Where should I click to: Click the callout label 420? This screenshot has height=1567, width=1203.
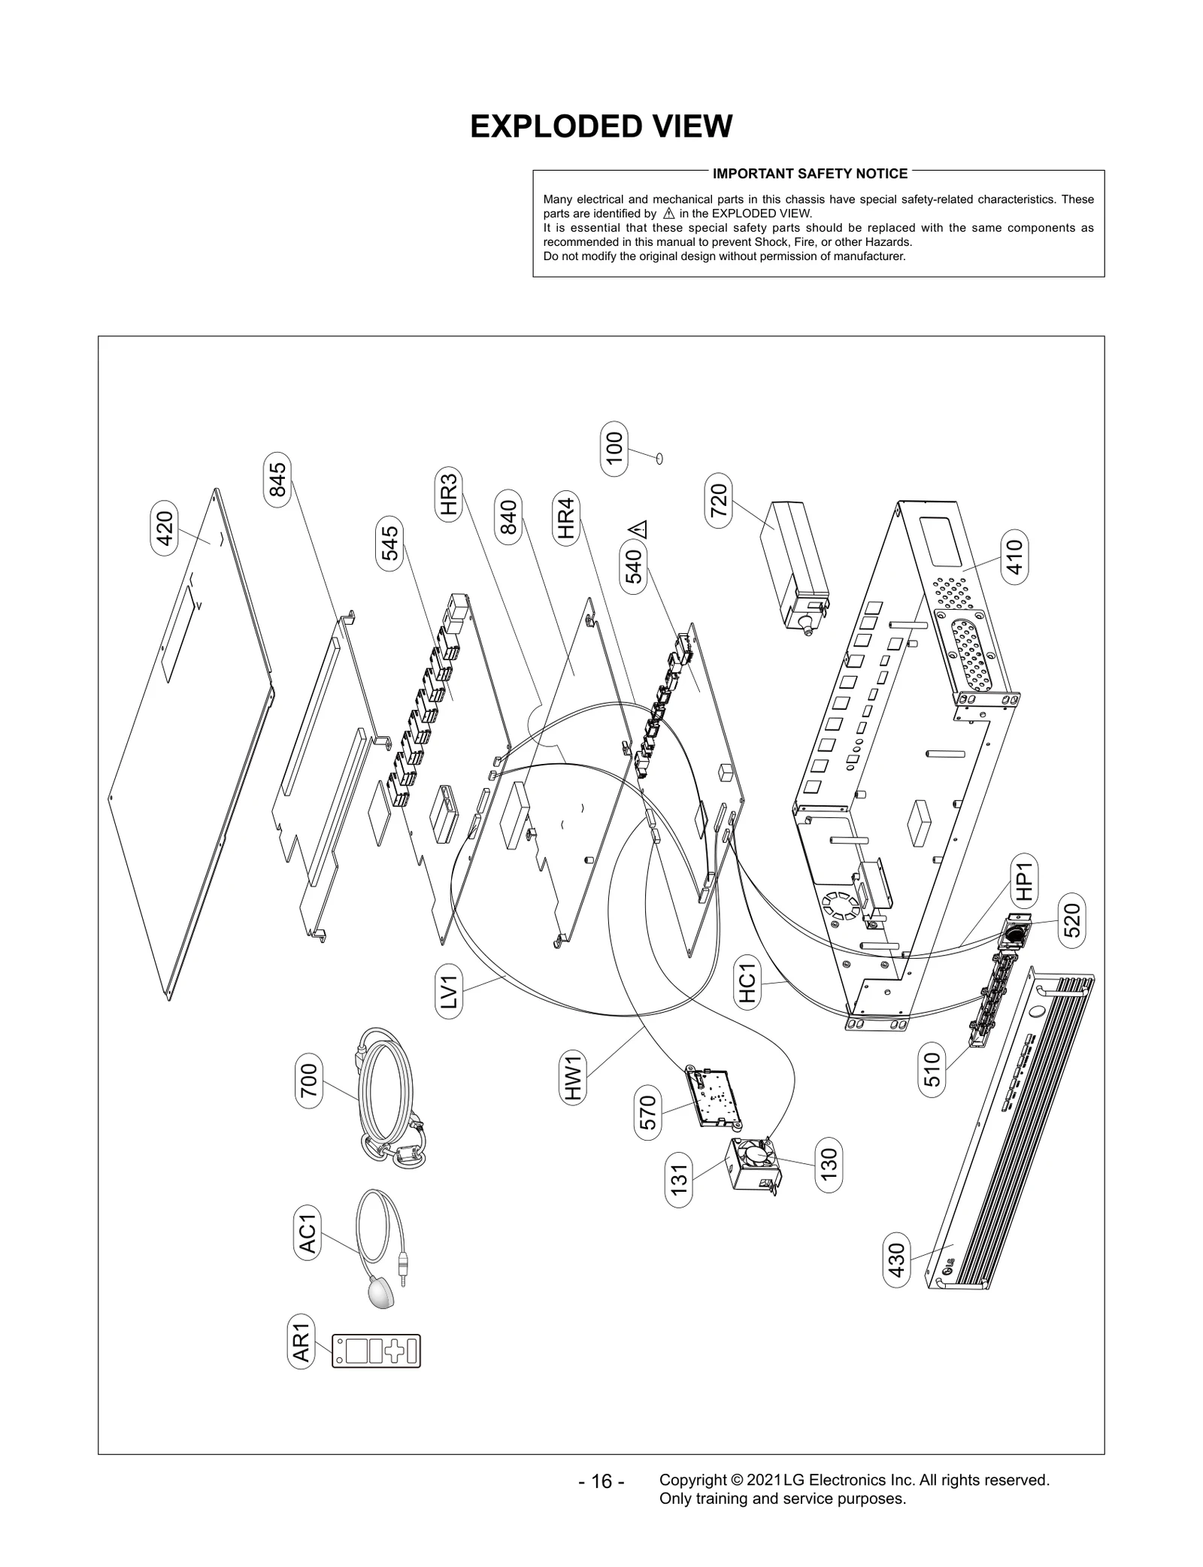(164, 532)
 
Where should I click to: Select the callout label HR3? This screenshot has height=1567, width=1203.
(448, 494)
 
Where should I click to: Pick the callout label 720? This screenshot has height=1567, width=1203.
(719, 500)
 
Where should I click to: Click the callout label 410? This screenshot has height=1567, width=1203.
(1015, 557)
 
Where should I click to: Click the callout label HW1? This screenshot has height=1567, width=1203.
(574, 1078)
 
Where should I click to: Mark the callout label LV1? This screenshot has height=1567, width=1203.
(449, 992)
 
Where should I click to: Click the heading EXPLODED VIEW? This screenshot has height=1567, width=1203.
(601, 126)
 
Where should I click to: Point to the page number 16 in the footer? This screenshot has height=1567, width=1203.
(601, 1481)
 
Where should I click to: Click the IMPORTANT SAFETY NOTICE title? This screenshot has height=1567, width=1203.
(810, 174)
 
